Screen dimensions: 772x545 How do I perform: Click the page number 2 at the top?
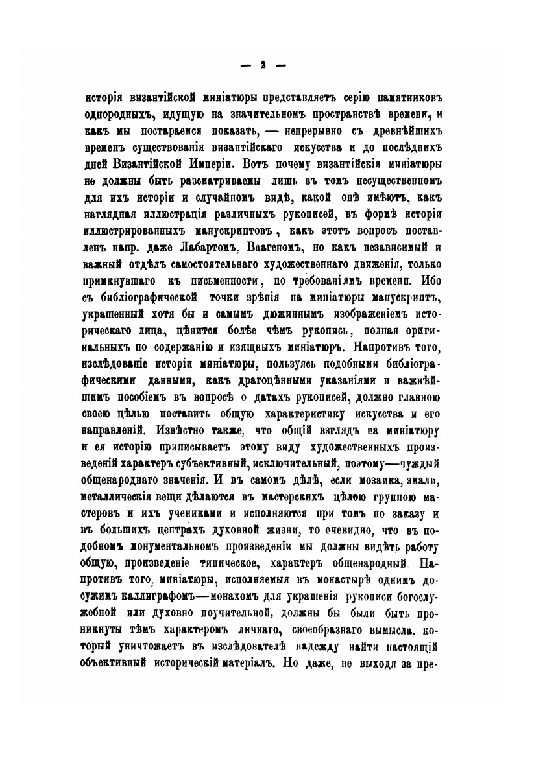click(x=263, y=65)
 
